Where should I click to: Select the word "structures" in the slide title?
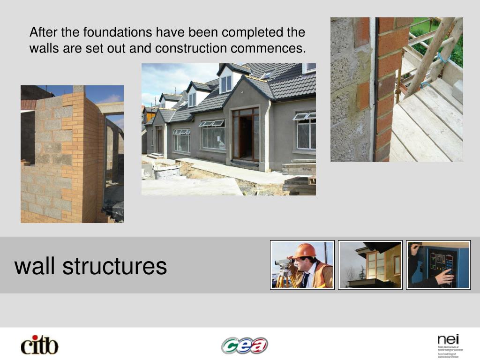coord(115,266)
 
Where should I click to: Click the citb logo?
coord(40,345)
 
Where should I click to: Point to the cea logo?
coord(244,346)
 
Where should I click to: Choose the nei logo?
coord(449,345)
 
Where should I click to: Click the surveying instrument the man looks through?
coord(284,262)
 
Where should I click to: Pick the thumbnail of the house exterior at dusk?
coord(370,265)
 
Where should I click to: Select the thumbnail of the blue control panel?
coord(438,265)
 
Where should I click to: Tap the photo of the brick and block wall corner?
coord(72,154)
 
